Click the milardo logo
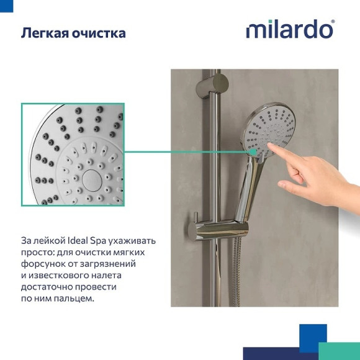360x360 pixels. pos(289,29)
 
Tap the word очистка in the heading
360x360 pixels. pos(99,33)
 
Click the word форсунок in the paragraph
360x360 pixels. pos(43,264)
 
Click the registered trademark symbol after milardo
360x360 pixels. pos(333,22)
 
